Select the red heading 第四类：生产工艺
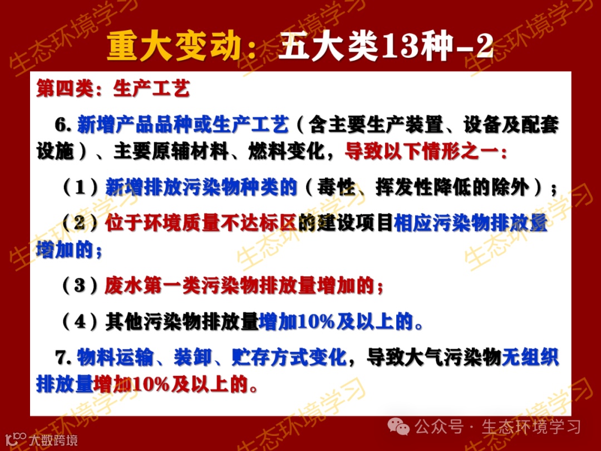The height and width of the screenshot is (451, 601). pyautogui.click(x=113, y=89)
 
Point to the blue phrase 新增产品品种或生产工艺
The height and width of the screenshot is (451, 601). pyautogui.click(x=183, y=125)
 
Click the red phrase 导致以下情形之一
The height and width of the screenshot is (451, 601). pyautogui.click(x=426, y=151)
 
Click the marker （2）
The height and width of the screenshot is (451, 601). pyautogui.click(x=81, y=224)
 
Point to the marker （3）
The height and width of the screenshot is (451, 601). pyautogui.click(x=81, y=286)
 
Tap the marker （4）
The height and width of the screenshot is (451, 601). pyautogui.click(x=81, y=322)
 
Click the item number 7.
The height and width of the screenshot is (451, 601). pyautogui.click(x=63, y=357)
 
